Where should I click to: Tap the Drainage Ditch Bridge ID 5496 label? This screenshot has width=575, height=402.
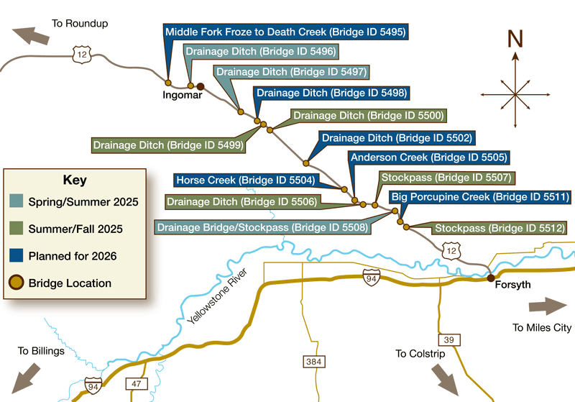260,52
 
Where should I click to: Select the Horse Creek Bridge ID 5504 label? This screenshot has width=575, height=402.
244,180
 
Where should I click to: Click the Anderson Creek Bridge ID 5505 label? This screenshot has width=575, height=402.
428,157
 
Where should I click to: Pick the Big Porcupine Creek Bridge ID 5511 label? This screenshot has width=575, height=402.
479,197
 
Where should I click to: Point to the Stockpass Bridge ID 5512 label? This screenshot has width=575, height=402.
499,229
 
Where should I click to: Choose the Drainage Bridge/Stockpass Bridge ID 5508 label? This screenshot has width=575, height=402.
262,228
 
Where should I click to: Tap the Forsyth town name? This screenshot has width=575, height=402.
513,285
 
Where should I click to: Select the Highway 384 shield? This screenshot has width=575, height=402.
313,361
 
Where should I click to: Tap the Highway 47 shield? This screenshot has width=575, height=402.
136,383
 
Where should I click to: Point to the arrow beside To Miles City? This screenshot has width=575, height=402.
548,306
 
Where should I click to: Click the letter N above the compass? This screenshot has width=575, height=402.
515,40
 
